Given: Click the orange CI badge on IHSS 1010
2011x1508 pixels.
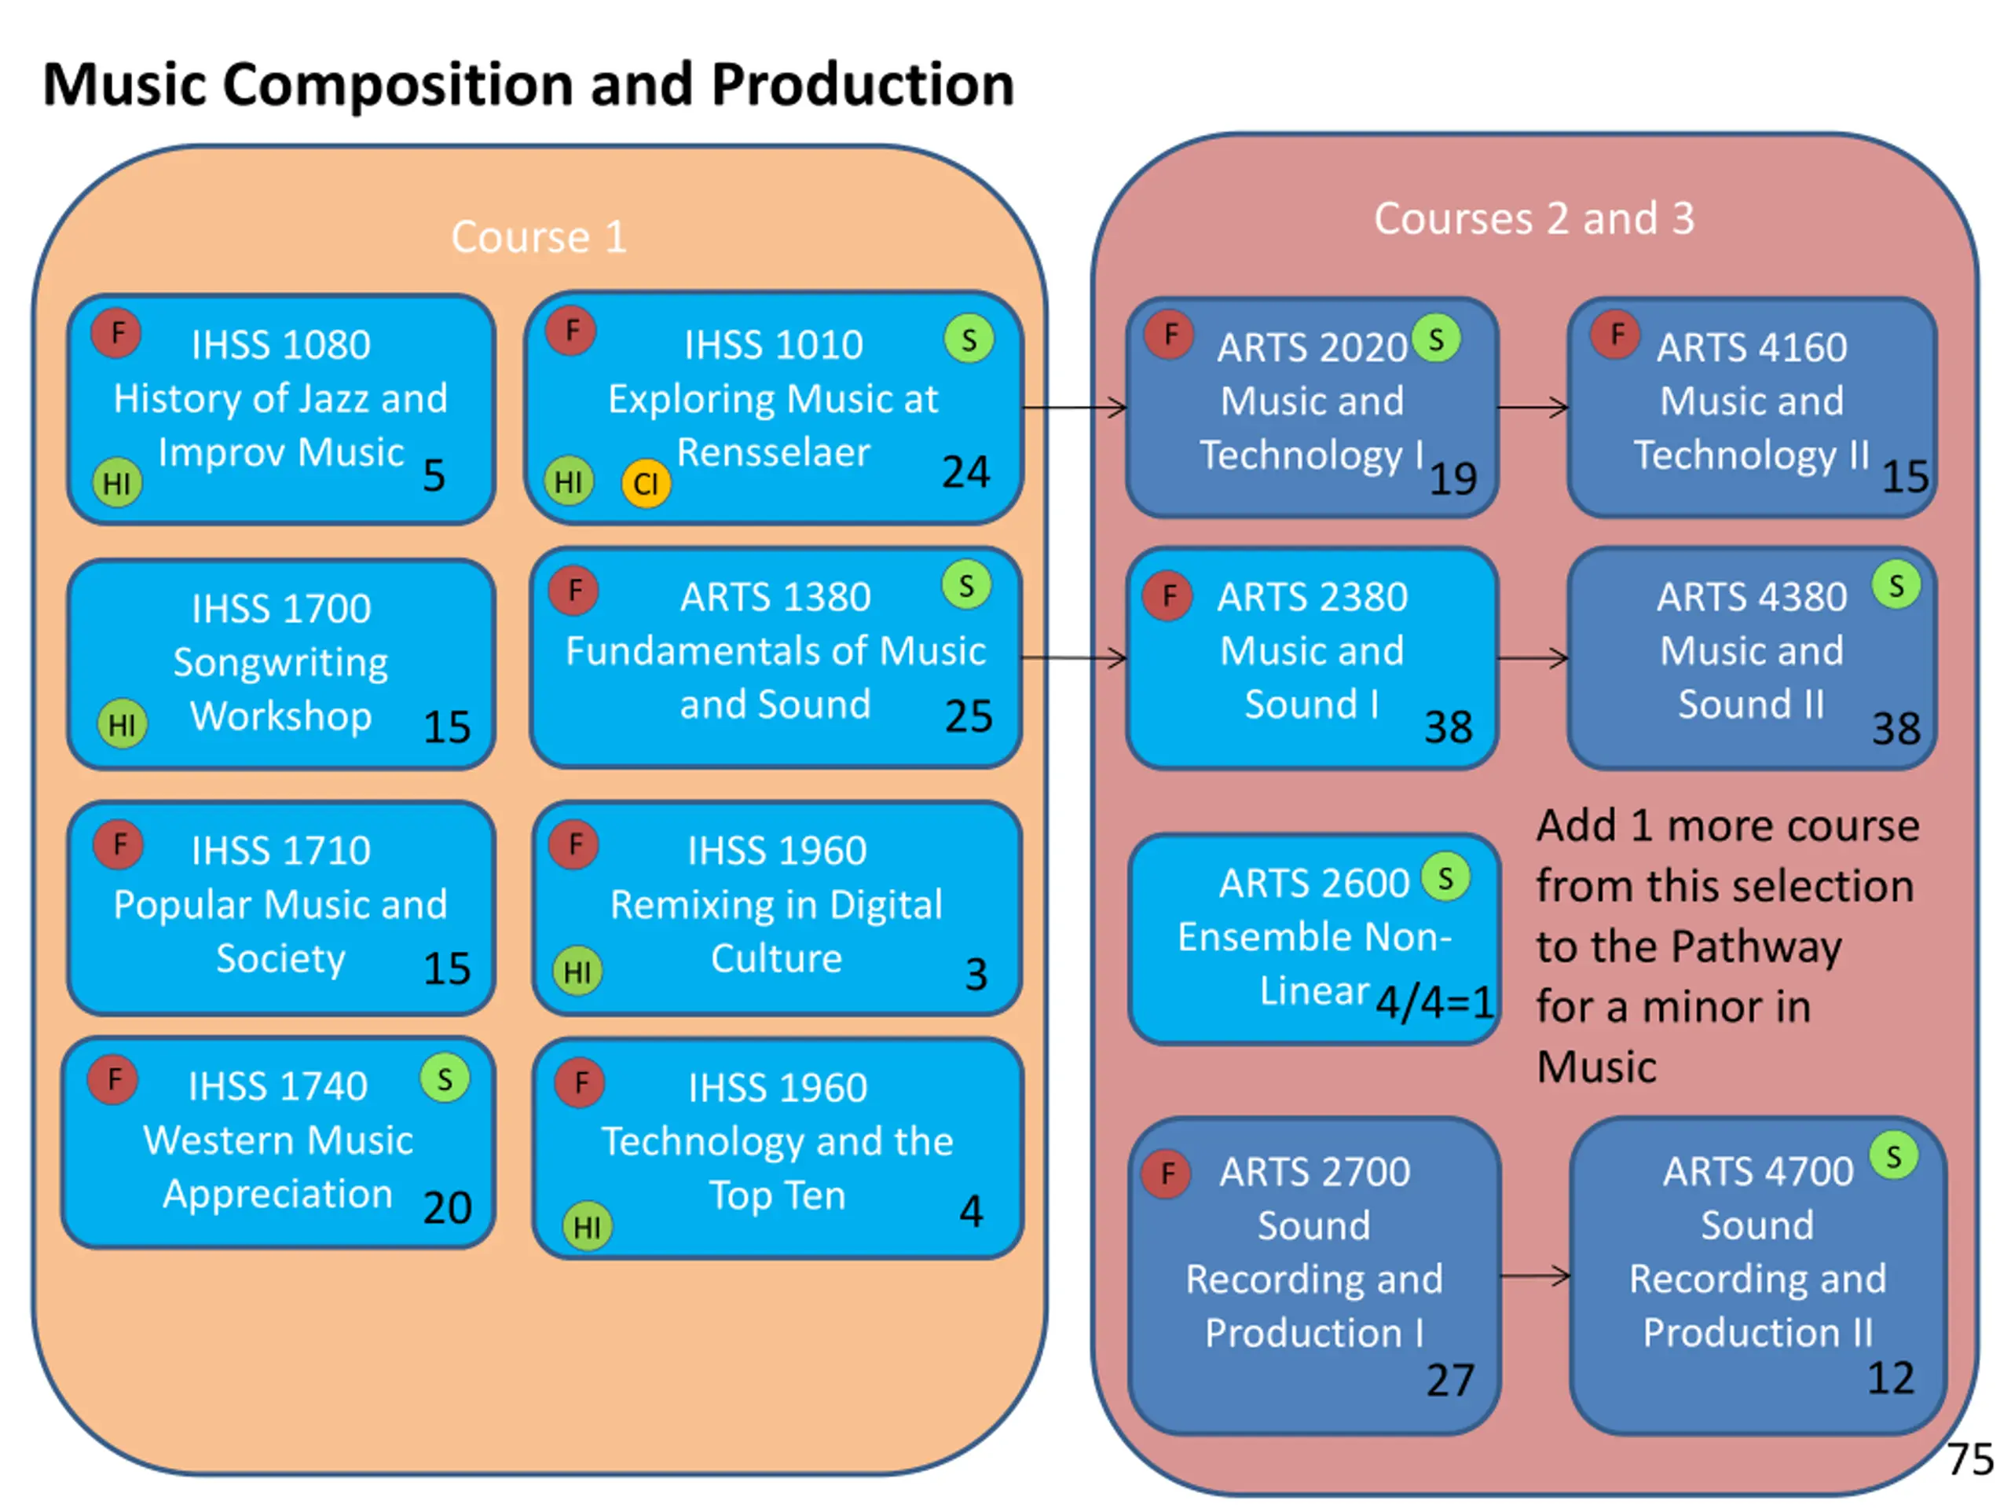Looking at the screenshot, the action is click(646, 483).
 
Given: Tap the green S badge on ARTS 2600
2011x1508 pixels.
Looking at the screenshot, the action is click(1445, 877).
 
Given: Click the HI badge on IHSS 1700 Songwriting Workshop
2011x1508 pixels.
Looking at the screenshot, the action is click(122, 723).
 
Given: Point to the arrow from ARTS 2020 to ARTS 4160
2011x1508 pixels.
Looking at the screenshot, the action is click(1533, 407).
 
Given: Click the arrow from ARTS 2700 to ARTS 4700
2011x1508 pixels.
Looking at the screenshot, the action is click(1535, 1276).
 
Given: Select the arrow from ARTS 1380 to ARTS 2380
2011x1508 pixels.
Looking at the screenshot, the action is click(1075, 657).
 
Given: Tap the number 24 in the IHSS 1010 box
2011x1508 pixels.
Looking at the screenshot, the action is click(965, 472).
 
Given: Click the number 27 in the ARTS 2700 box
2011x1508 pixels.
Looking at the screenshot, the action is click(1450, 1380).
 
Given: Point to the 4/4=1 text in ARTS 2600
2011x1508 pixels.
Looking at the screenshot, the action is click(1434, 1004).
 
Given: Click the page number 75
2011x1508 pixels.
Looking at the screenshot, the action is click(1970, 1459).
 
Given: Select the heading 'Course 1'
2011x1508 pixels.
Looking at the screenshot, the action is click(539, 237).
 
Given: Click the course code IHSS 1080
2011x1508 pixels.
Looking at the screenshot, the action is click(281, 345).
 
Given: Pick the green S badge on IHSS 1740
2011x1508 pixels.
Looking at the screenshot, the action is click(445, 1078).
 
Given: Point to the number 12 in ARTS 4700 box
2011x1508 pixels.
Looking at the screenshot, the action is click(1891, 1378).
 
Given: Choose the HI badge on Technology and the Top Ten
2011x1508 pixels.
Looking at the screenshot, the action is click(588, 1226).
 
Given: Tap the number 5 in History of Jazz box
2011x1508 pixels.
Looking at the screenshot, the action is click(434, 475).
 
